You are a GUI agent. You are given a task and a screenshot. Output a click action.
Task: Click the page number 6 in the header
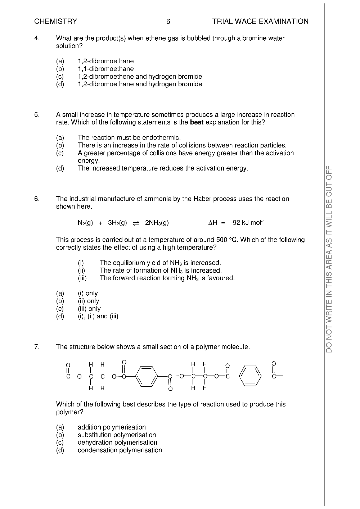pyautogui.click(x=168, y=22)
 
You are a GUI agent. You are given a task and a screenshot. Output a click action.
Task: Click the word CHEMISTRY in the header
pyautogui.click(x=56, y=22)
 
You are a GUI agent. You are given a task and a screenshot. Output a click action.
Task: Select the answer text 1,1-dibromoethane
pyautogui.click(x=105, y=69)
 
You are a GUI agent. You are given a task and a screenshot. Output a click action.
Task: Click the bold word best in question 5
pyautogui.click(x=197, y=122)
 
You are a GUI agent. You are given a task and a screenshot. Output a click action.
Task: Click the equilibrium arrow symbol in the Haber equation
pyautogui.click(x=136, y=223)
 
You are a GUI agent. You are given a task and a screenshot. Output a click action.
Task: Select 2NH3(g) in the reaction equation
pyautogui.click(x=157, y=223)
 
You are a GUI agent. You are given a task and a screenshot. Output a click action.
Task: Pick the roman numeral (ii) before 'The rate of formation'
pyautogui.click(x=82, y=271)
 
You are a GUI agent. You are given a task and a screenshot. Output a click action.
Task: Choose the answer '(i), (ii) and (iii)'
pyautogui.click(x=98, y=316)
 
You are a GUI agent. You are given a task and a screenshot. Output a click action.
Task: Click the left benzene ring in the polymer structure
pyautogui.click(x=147, y=376)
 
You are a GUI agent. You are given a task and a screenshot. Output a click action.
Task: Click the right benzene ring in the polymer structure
pyautogui.click(x=250, y=376)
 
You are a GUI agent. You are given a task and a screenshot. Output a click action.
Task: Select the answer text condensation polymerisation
pyautogui.click(x=120, y=450)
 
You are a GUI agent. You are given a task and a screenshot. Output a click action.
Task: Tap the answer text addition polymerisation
pyautogui.click(x=112, y=427)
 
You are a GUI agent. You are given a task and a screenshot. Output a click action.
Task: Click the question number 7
pyautogui.click(x=37, y=347)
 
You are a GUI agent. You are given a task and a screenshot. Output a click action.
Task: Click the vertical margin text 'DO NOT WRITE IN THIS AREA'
pyautogui.click(x=329, y=259)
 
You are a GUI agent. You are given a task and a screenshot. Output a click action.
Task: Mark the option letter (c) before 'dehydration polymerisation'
pyautogui.click(x=60, y=442)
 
